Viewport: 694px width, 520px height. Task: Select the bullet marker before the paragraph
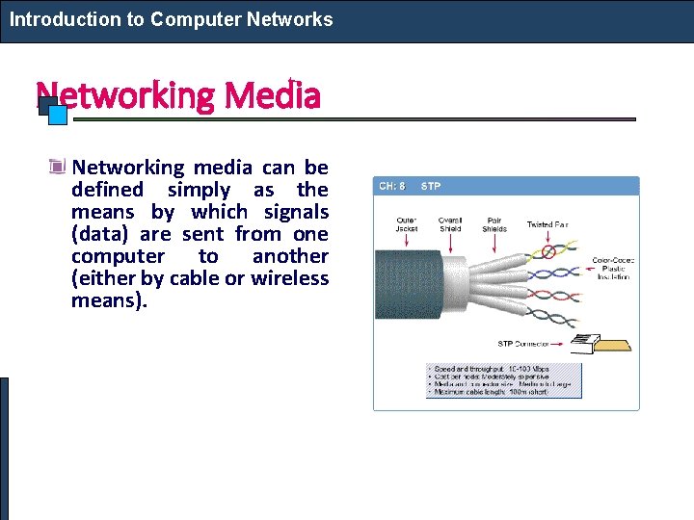(59, 168)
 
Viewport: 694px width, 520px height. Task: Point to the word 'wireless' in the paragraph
(290, 278)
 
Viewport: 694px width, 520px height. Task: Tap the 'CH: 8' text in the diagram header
(392, 185)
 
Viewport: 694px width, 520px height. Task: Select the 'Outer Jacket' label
(407, 224)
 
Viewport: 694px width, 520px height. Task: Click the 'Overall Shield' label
(450, 224)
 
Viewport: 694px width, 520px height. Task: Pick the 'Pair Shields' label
(494, 224)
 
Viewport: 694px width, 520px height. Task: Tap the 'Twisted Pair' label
(547, 224)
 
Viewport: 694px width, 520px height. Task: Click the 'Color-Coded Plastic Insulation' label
(611, 268)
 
